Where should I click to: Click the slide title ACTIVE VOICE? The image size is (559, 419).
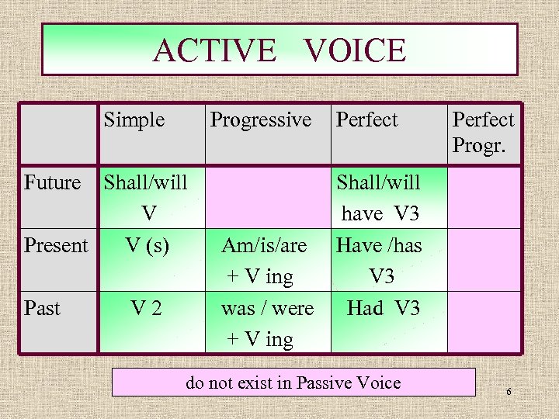279,50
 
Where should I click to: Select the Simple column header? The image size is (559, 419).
134,119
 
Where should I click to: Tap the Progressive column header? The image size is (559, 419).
261,119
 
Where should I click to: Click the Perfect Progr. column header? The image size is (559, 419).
483,132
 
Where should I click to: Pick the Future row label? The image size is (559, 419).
53,183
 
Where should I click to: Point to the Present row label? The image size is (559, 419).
56,246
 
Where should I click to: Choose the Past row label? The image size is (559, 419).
42,308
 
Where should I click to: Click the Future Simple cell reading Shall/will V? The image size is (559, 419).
146,197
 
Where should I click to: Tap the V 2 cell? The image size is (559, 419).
146,308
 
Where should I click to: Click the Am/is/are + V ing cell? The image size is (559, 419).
264,260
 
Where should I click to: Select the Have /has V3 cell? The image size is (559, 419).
380,260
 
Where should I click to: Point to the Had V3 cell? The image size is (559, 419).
383,308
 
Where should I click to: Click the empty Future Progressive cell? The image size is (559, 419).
264,197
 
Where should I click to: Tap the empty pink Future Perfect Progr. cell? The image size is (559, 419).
484,197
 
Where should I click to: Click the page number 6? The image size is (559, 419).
509,392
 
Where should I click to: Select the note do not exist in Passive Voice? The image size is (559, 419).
293,383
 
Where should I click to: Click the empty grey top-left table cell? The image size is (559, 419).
58,133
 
